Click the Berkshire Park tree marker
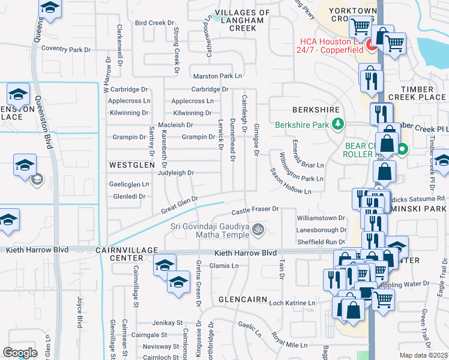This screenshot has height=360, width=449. coord(339,124)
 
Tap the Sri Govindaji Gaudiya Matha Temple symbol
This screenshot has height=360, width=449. coord(258,229)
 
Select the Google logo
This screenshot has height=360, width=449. coord(20,352)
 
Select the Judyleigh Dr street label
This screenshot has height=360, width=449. coord(175,173)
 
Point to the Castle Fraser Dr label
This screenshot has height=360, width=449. coord(256,209)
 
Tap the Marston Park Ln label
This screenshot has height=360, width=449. coord(217,76)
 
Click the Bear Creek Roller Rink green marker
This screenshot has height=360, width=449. coord(403,149)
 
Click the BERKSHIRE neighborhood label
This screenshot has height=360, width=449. coord(316,110)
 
